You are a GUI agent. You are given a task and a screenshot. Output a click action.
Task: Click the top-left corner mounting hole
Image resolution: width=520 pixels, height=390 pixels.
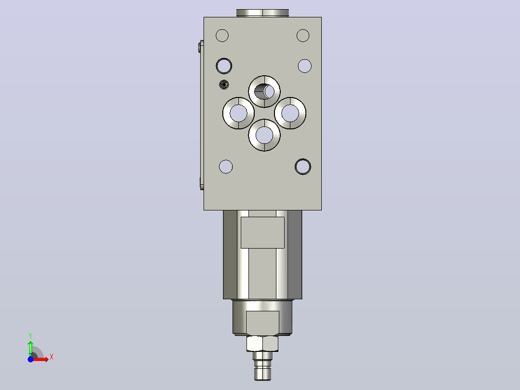pyautogui.click(x=222, y=36)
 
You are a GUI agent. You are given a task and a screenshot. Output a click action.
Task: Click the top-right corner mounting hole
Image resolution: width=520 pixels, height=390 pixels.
pyautogui.click(x=303, y=36)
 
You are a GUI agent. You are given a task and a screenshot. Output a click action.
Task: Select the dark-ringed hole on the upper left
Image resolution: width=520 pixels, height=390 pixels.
pyautogui.click(x=224, y=66)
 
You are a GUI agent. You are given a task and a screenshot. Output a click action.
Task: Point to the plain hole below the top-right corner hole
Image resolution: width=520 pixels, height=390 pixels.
pyautogui.click(x=305, y=66)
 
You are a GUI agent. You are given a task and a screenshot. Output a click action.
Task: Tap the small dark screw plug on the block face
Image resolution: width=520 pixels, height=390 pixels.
pyautogui.click(x=224, y=84)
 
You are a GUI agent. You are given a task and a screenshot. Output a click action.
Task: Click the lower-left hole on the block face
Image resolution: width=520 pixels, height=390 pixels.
pyautogui.click(x=226, y=167)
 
